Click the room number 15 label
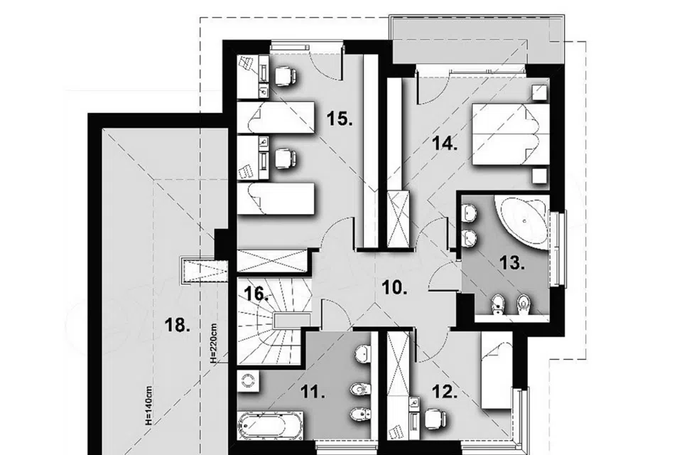pos(340,118)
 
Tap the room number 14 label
pos(445,143)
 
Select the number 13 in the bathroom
pos(512,262)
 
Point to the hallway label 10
pos(394,287)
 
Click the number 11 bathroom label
pos(313,393)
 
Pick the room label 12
pos(445,392)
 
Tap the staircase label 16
pos(256,294)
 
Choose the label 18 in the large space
pos(177,325)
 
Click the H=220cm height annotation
pos(213,343)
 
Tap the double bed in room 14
pos(511,134)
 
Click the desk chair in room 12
pos(435,419)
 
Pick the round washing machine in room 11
pos(249,381)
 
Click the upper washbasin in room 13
pos(470,213)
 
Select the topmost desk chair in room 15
pos(286,75)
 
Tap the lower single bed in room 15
pos(276,198)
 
